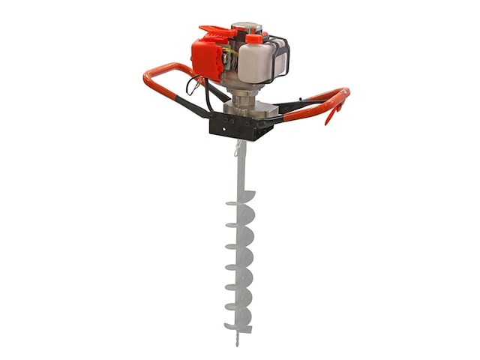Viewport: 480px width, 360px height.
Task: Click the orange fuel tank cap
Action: click(x=254, y=37)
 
